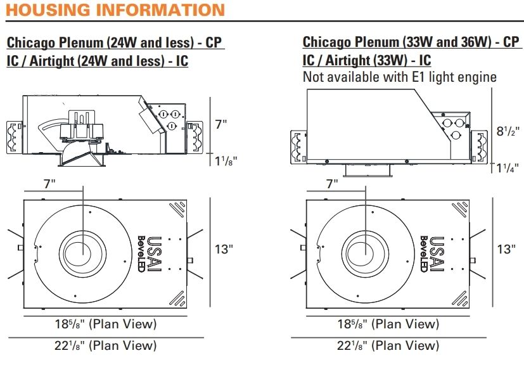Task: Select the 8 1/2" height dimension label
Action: (x=508, y=131)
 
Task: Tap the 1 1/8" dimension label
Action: (x=226, y=161)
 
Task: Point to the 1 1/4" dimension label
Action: (x=508, y=167)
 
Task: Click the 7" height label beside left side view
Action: (x=221, y=124)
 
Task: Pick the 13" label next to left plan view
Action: (x=224, y=249)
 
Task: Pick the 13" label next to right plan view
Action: (x=506, y=249)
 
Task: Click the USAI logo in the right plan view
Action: (x=437, y=254)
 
